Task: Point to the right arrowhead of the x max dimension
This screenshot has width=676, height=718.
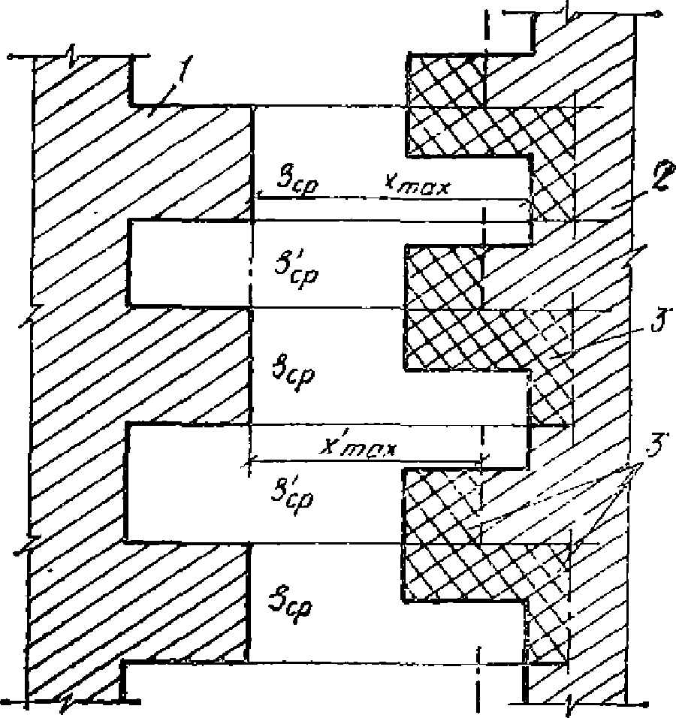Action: tap(526, 201)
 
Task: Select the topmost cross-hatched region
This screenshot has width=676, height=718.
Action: tap(481, 113)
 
